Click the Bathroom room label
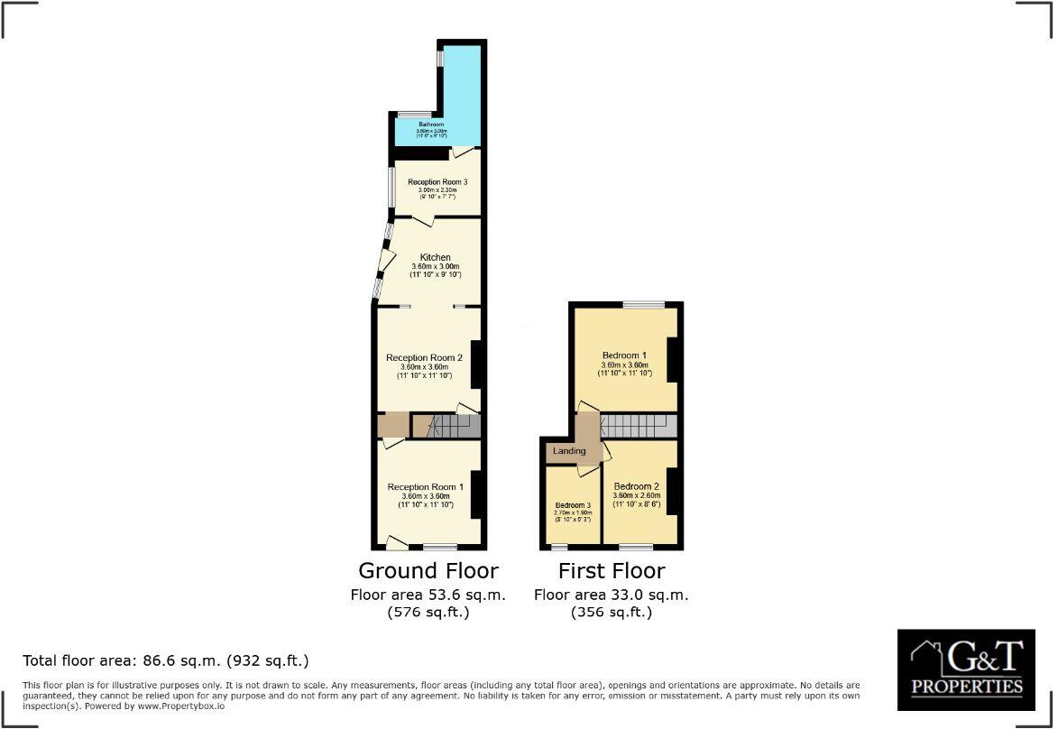point(431,125)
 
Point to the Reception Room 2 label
point(424,358)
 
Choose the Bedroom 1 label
point(624,355)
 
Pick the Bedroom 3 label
point(573,505)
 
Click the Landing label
point(568,451)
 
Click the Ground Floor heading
point(428,571)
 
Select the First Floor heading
point(611,571)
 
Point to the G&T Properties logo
point(966,669)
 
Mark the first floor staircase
point(637,426)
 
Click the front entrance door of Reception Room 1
point(395,543)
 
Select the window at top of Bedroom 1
point(642,305)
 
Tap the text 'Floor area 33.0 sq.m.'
point(611,595)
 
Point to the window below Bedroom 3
point(559,547)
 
